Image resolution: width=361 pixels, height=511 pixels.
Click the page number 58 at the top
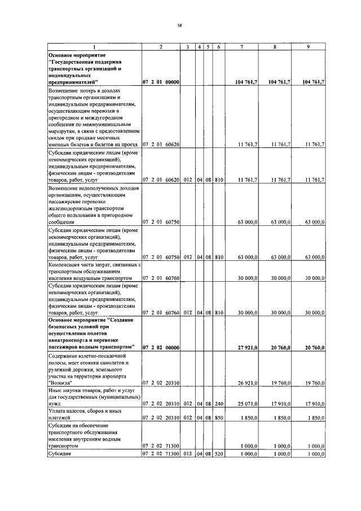pyautogui.click(x=179, y=25)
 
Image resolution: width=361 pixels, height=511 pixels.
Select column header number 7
pyautogui.click(x=241, y=46)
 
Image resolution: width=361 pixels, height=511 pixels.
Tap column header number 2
pyautogui.click(x=161, y=46)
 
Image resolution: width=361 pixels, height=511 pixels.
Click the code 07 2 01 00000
pyautogui.click(x=161, y=82)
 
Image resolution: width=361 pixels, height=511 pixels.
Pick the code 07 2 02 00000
pyautogui.click(x=161, y=347)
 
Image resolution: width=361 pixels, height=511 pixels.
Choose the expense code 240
pyautogui.click(x=219, y=404)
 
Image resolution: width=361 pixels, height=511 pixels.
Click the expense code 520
pyautogui.click(x=219, y=453)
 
